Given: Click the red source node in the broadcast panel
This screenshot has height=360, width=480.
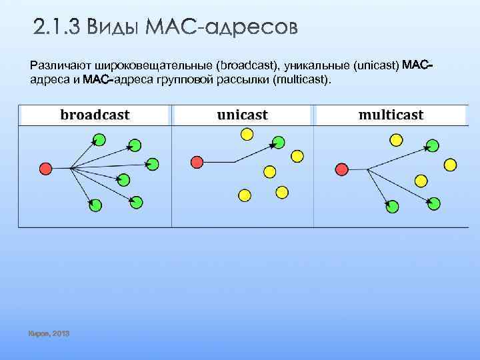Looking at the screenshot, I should pos(46,167).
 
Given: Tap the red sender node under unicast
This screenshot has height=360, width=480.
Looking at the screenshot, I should pos(197,161).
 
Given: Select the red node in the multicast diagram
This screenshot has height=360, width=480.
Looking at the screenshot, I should pos(342,168).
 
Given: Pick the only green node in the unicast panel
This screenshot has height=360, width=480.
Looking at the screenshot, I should pos(279,142).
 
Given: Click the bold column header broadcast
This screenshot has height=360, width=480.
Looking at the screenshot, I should pos(95,115).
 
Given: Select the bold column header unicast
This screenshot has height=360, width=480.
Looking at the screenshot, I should pos(243,115).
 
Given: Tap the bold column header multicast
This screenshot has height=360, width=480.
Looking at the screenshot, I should pos(391,115).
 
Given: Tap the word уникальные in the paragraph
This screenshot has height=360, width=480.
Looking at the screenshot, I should pos(319,66).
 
